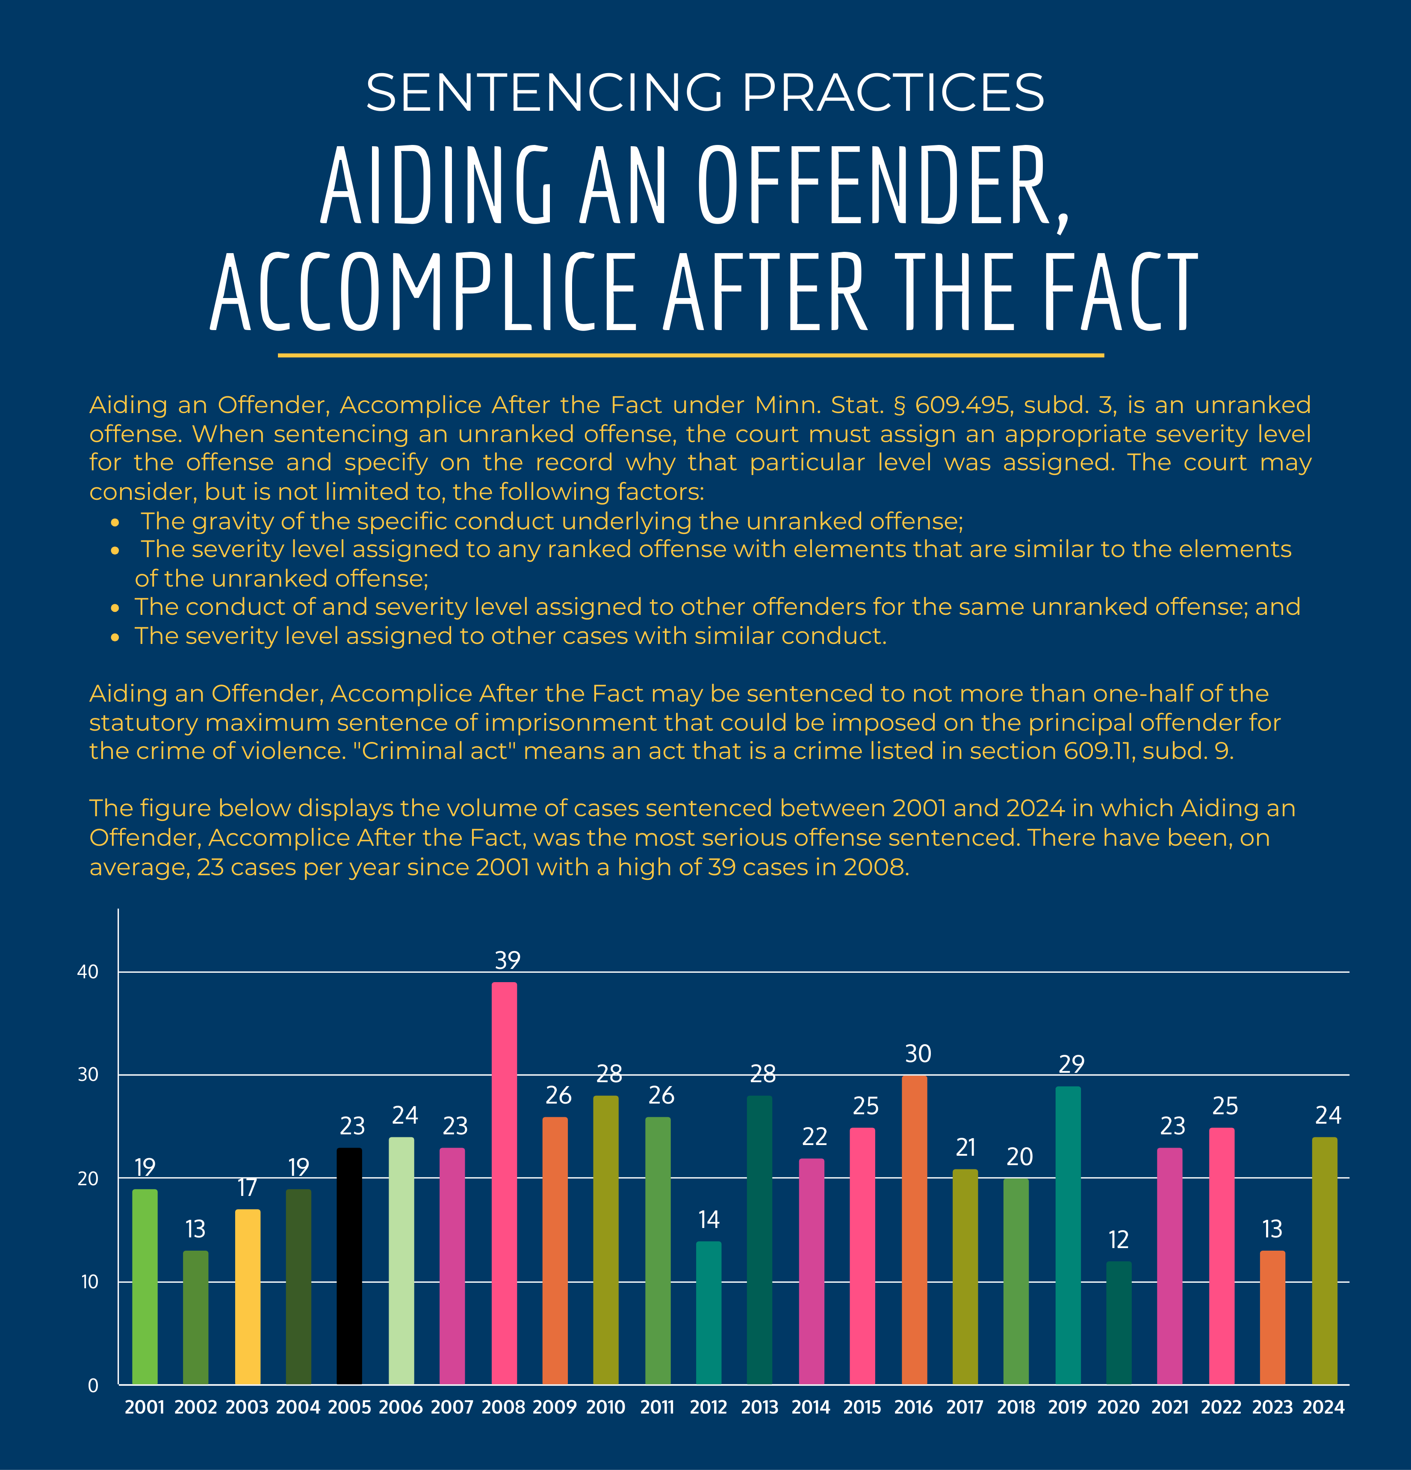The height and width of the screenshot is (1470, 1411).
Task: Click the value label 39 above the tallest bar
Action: click(508, 960)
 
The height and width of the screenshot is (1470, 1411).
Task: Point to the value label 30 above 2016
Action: click(918, 1054)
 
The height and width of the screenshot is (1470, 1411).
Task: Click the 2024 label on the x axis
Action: click(1323, 1407)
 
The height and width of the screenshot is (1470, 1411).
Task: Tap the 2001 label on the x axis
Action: click(145, 1407)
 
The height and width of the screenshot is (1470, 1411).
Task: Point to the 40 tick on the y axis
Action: click(88, 972)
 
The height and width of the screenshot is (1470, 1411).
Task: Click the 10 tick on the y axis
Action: click(89, 1282)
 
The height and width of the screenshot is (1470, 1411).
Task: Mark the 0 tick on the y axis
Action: click(93, 1385)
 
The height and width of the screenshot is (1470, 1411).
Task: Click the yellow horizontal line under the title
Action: click(690, 355)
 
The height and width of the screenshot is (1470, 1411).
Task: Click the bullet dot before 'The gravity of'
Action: click(115, 522)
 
